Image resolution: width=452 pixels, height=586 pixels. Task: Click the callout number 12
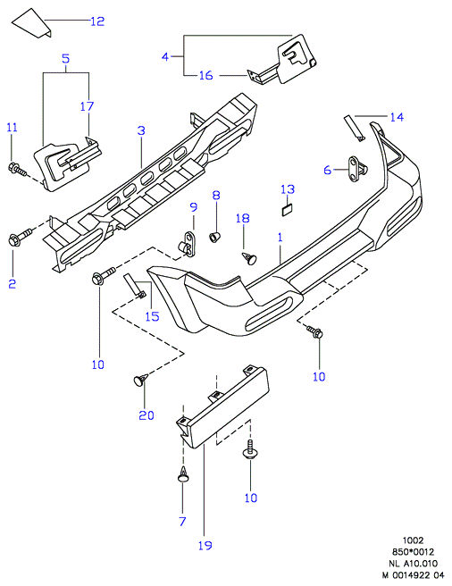97,21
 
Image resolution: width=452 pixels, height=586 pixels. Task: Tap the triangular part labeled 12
32,23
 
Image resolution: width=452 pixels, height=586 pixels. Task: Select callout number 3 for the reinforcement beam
141,130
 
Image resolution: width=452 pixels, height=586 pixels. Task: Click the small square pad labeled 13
287,211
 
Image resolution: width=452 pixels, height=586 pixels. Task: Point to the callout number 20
146,415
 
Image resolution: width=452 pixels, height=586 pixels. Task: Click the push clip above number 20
140,380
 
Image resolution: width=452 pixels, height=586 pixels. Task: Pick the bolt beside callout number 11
17,170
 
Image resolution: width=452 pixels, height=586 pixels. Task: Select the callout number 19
205,545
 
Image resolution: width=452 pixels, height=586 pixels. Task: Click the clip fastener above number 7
183,474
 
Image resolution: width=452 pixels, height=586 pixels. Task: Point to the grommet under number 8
214,237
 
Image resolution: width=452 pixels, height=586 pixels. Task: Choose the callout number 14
397,117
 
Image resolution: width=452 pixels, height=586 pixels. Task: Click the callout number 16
205,75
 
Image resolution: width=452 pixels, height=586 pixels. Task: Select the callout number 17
87,106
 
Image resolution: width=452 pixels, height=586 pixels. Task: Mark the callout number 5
65,58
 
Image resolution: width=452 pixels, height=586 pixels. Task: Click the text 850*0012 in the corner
413,552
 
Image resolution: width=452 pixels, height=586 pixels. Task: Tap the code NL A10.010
413,563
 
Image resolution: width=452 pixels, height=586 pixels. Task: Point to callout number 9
193,206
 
